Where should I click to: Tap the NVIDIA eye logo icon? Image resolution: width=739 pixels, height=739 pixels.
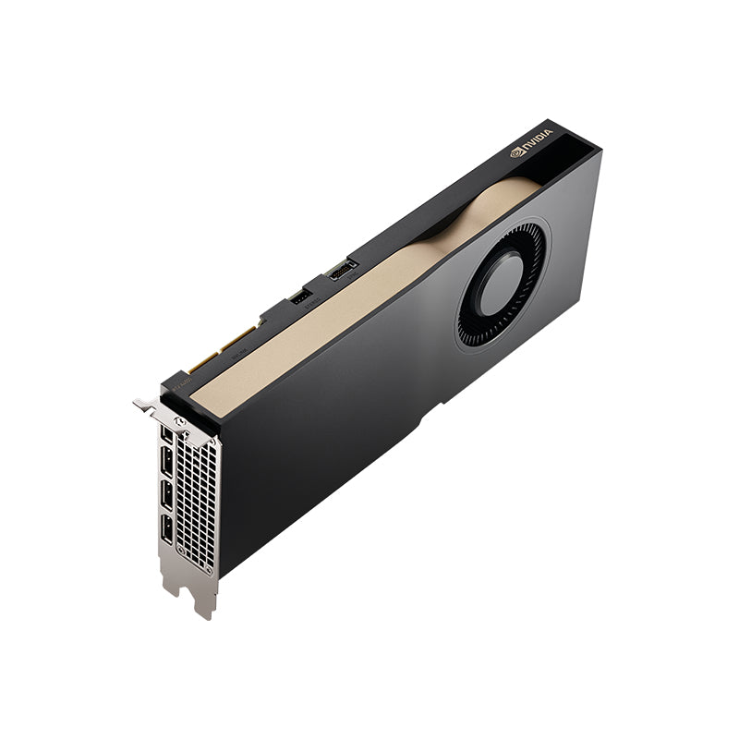tap(517, 153)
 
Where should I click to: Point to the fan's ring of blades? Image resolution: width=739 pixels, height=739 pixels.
tap(472, 323)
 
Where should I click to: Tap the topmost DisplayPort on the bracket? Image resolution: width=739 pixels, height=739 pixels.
tap(166, 434)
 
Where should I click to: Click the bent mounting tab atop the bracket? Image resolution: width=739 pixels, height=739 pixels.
tap(145, 404)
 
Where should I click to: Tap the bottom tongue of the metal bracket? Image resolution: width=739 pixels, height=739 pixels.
tap(202, 601)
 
